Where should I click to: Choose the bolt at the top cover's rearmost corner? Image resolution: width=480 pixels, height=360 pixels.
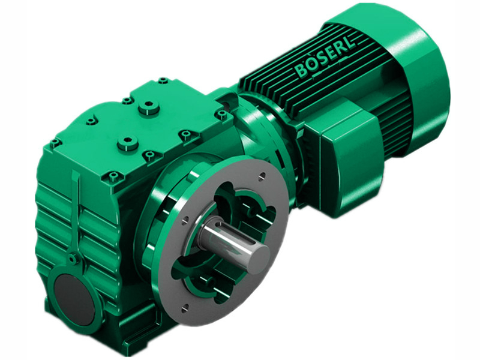tap(163, 80)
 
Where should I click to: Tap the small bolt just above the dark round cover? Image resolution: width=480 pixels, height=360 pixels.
tap(72, 259)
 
